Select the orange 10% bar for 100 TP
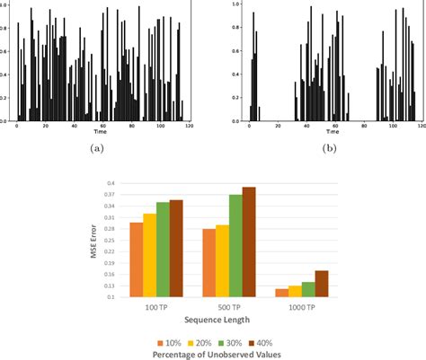pyautogui.click(x=136, y=259)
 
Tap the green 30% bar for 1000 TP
pyautogui.click(x=307, y=289)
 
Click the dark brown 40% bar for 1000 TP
pyautogui.click(x=321, y=284)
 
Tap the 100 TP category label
pyautogui.click(x=155, y=306)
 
